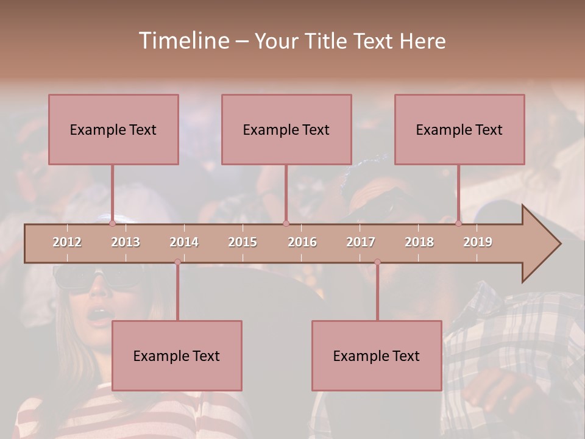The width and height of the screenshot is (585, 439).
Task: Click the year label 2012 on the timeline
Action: click(x=67, y=242)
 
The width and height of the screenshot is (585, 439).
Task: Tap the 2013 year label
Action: click(x=126, y=242)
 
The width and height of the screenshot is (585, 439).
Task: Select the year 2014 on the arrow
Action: click(x=184, y=242)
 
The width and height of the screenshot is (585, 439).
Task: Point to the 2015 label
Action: click(x=243, y=242)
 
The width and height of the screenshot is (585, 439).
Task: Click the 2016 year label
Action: click(x=302, y=242)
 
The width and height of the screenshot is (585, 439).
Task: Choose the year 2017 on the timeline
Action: click(x=361, y=242)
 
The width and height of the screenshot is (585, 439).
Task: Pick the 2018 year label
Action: click(x=419, y=242)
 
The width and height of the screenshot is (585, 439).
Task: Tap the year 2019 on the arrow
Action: click(x=478, y=242)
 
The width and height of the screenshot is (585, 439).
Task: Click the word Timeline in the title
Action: click(x=183, y=41)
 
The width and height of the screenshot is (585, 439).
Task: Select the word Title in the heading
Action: click(x=327, y=41)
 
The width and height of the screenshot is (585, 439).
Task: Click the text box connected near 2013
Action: click(x=113, y=129)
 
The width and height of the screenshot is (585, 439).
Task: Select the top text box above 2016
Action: click(x=286, y=129)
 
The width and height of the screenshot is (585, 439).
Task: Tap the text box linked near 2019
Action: click(x=459, y=129)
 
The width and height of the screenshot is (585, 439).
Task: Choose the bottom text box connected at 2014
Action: click(x=177, y=355)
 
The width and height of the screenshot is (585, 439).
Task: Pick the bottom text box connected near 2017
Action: click(x=377, y=355)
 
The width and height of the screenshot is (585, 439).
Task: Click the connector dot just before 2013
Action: click(x=112, y=223)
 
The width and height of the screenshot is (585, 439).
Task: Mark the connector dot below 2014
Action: click(x=177, y=262)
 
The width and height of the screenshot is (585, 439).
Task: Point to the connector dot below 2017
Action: click(x=377, y=262)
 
